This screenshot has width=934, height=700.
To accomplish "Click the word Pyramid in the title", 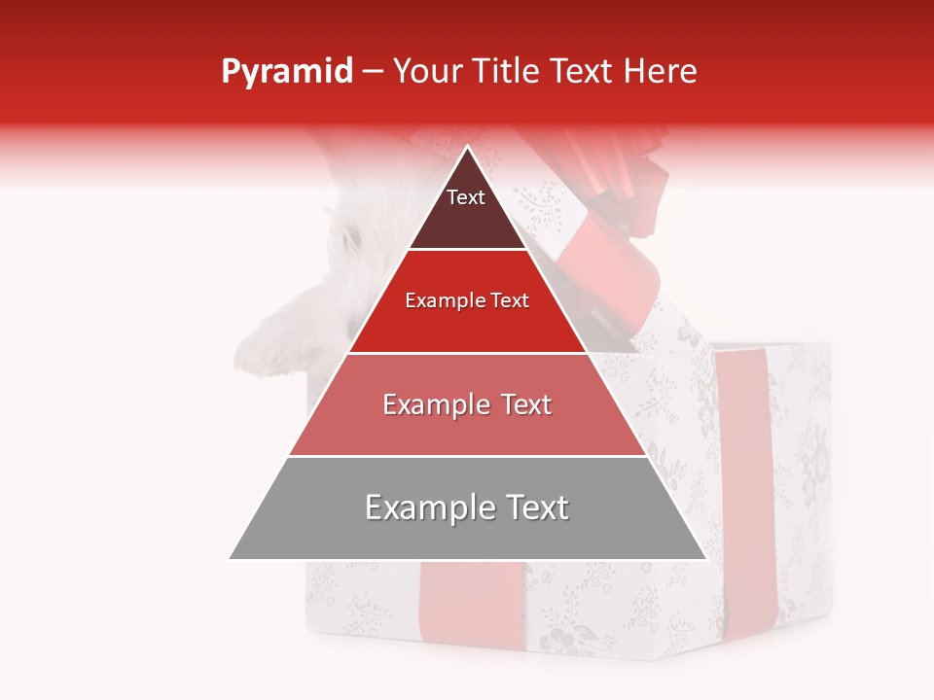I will click(286, 72).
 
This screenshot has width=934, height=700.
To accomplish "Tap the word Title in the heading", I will click(509, 72).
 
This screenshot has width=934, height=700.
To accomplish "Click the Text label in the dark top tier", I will click(466, 197).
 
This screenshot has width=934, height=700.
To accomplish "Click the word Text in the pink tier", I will click(526, 405).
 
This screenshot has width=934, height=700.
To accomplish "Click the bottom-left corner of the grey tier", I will click(230, 559).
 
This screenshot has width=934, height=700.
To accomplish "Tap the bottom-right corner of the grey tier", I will click(706, 559).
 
